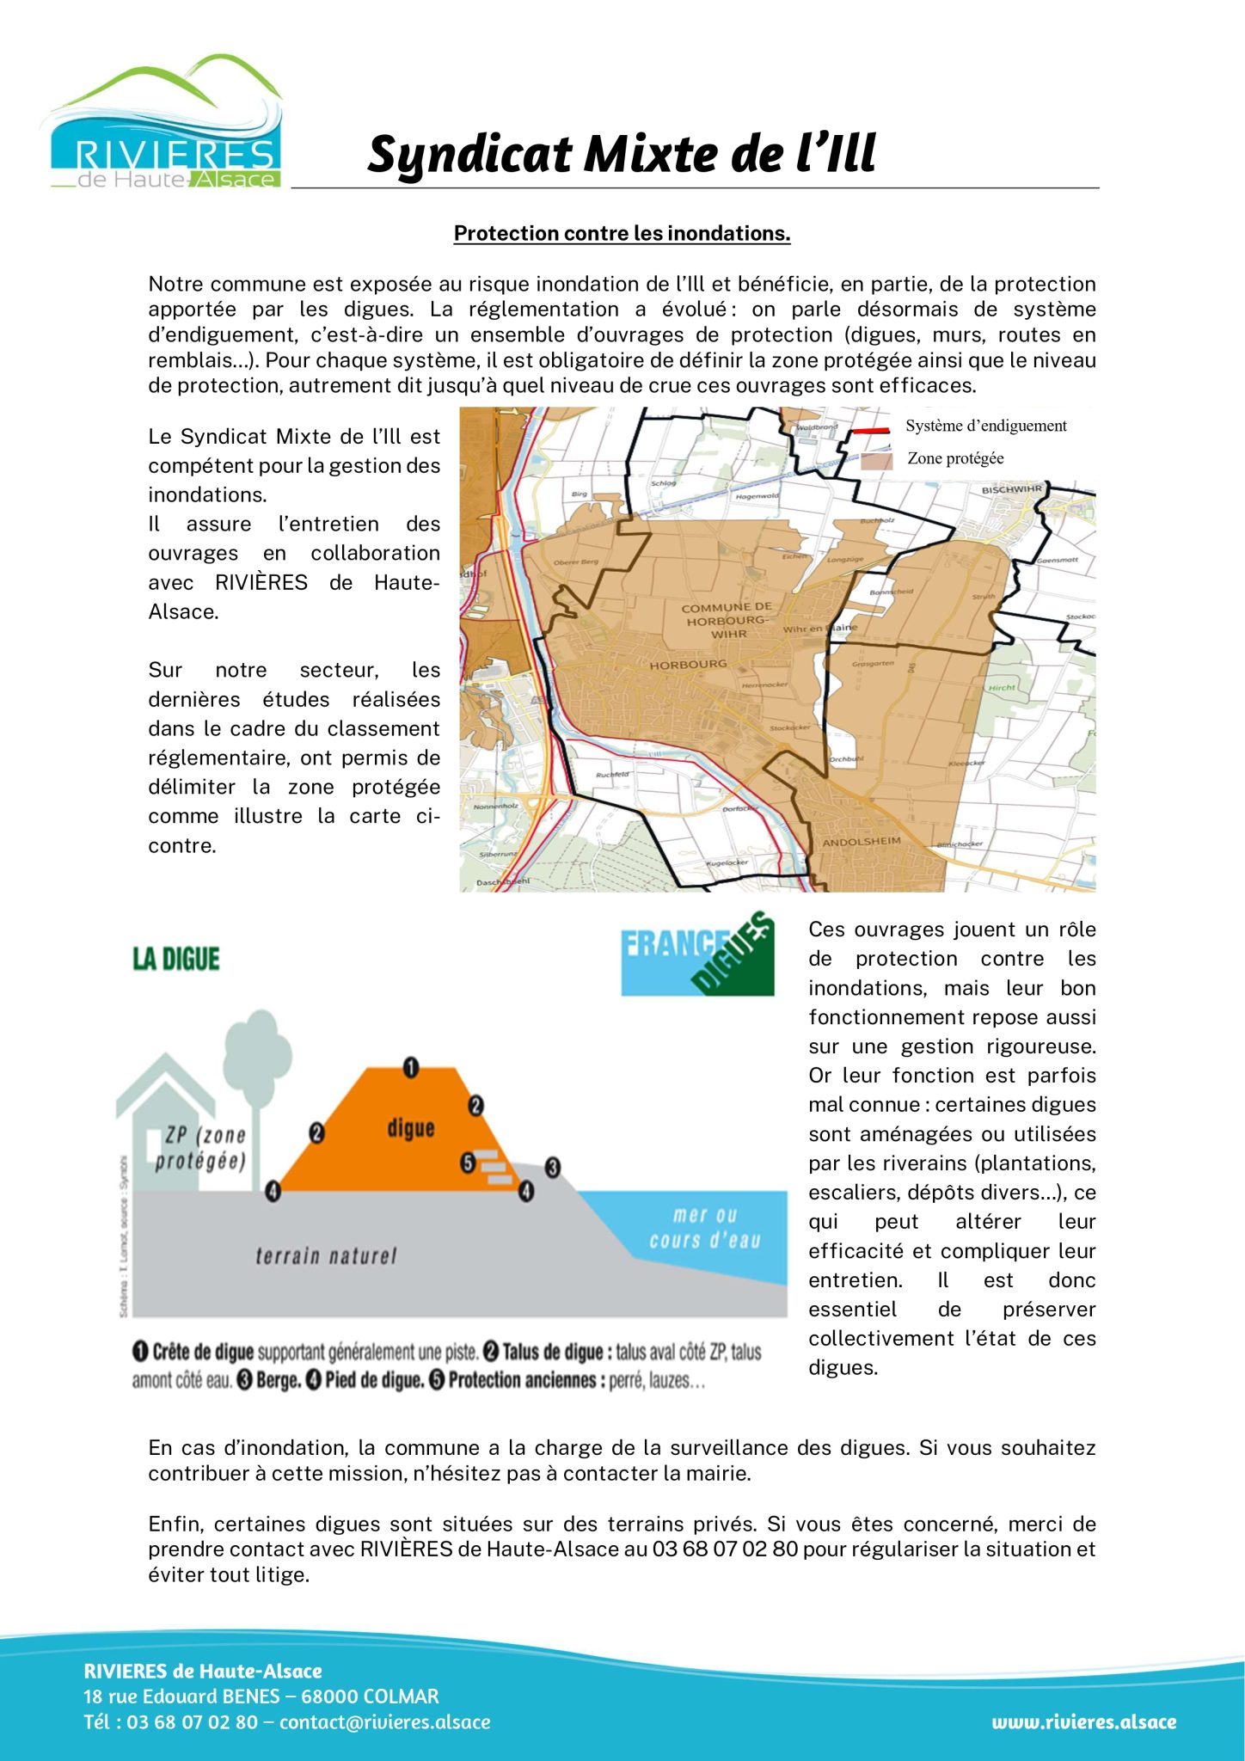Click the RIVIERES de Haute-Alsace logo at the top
pos(163,125)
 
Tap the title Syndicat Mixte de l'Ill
pos(621,154)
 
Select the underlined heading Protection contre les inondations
pos(622,234)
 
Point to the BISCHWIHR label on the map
pos(1011,489)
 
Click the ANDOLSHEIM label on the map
pos(862,842)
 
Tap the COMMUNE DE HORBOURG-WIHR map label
pos(727,620)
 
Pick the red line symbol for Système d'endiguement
pos(869,429)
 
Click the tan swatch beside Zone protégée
pos(876,460)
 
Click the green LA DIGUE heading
pos(176,960)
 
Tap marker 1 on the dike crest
pos(411,1068)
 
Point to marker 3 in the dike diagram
pos(553,1167)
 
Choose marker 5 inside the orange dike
pos(468,1163)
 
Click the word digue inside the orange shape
pos(410,1127)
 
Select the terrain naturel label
pos(327,1256)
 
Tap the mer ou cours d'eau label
pos(705,1228)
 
